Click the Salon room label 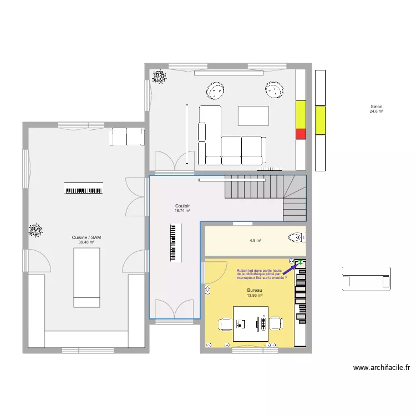(x=377, y=107)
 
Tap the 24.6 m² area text (x=377, y=111)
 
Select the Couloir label (x=182, y=206)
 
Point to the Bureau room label (x=255, y=291)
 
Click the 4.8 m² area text (x=255, y=241)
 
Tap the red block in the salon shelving (x=301, y=134)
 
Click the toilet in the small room (x=297, y=237)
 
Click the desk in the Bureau (x=251, y=323)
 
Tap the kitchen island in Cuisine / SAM (x=87, y=277)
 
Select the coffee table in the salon (x=253, y=115)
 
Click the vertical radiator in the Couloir (x=175, y=242)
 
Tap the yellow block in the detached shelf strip (x=320, y=120)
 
